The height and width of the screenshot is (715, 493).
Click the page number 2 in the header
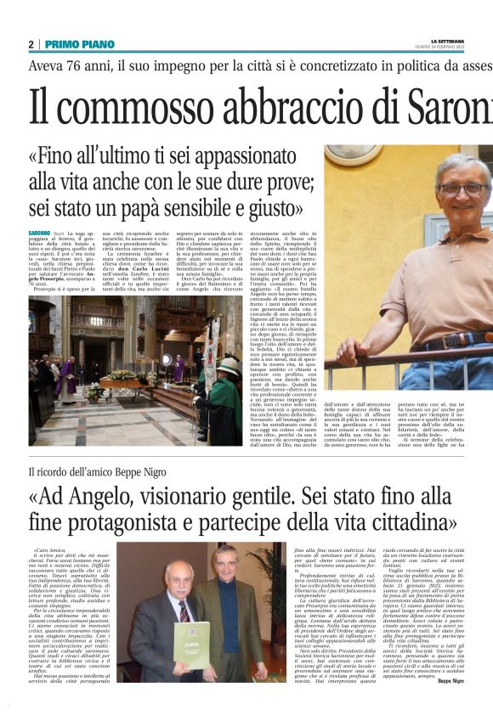(x=31, y=44)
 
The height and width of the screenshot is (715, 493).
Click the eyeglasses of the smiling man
(x=463, y=189)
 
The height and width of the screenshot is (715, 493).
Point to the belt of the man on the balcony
(x=446, y=341)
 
